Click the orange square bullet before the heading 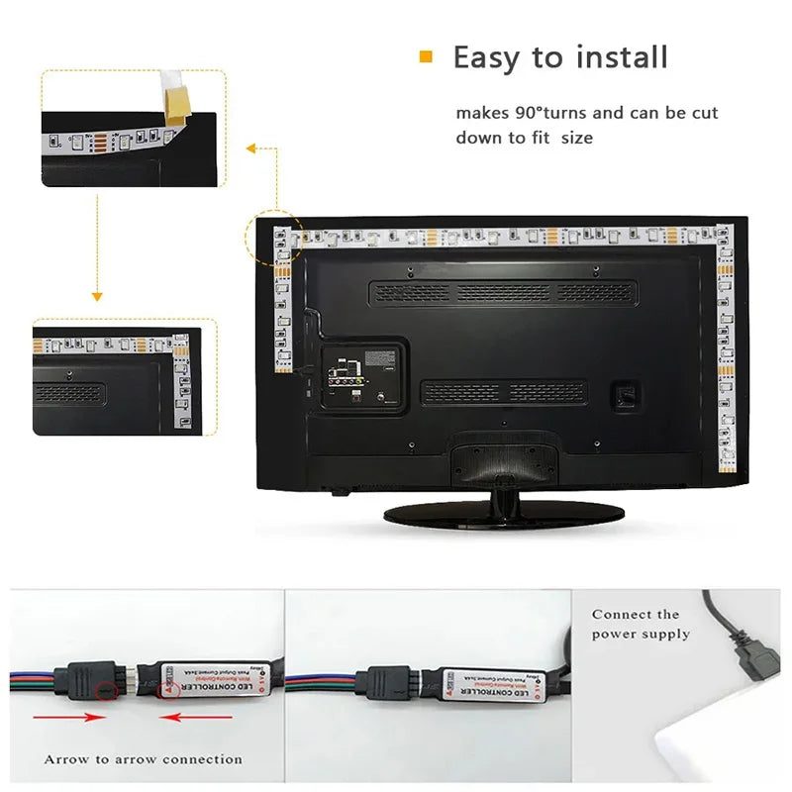click(x=427, y=56)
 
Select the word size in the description click(x=577, y=138)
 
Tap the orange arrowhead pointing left click(x=251, y=148)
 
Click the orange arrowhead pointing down click(x=97, y=295)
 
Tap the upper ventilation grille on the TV click(x=501, y=292)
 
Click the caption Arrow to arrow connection click(x=143, y=759)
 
